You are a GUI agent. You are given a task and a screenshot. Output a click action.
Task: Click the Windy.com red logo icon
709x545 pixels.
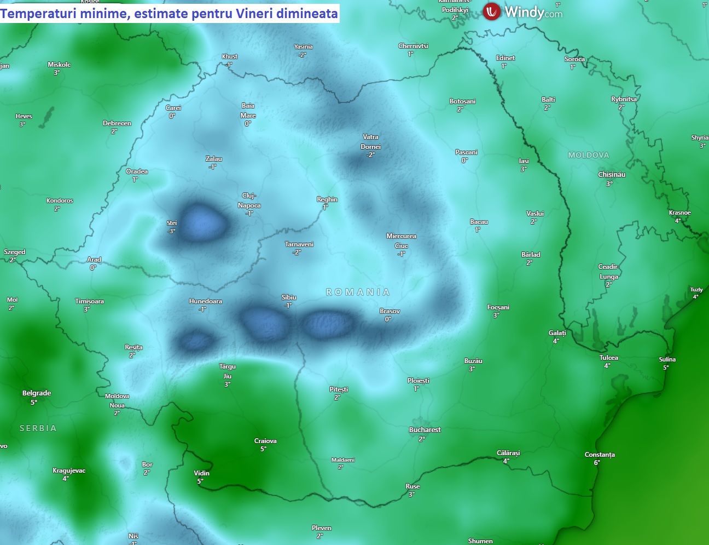tap(491, 12)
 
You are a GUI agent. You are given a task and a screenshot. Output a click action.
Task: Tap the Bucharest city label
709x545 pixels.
tap(425, 430)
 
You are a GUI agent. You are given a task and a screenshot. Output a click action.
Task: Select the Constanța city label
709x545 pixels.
tap(600, 455)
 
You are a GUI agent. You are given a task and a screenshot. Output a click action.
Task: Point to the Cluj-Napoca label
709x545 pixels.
tap(249, 200)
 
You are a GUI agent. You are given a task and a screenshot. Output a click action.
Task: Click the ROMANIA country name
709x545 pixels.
tap(358, 292)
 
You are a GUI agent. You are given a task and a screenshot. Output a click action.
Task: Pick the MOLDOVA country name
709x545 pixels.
tap(588, 156)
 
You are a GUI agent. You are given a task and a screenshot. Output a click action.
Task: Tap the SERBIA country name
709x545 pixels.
tap(38, 428)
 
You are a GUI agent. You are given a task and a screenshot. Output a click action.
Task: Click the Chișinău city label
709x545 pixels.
tap(612, 175)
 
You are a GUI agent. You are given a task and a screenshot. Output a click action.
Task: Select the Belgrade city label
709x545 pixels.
tap(37, 393)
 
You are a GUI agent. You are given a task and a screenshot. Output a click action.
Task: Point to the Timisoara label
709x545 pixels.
tap(89, 301)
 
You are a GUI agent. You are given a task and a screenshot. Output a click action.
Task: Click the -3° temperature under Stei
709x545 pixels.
tap(171, 231)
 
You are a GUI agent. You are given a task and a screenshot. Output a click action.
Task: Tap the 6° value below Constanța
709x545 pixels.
tap(597, 463)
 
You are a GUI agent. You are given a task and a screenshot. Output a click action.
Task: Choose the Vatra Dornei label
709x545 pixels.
tap(370, 142)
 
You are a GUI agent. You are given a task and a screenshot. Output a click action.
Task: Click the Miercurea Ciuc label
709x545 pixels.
tap(401, 241)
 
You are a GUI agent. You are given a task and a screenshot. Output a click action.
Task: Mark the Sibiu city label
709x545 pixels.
tap(289, 297)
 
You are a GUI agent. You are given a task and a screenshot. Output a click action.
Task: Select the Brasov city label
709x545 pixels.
tap(390, 311)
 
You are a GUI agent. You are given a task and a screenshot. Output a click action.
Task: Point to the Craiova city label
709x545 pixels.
tap(265, 441)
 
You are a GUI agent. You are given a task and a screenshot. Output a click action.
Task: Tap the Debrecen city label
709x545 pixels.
tap(117, 123)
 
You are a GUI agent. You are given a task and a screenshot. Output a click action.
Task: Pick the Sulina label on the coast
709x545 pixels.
tap(667, 360)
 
